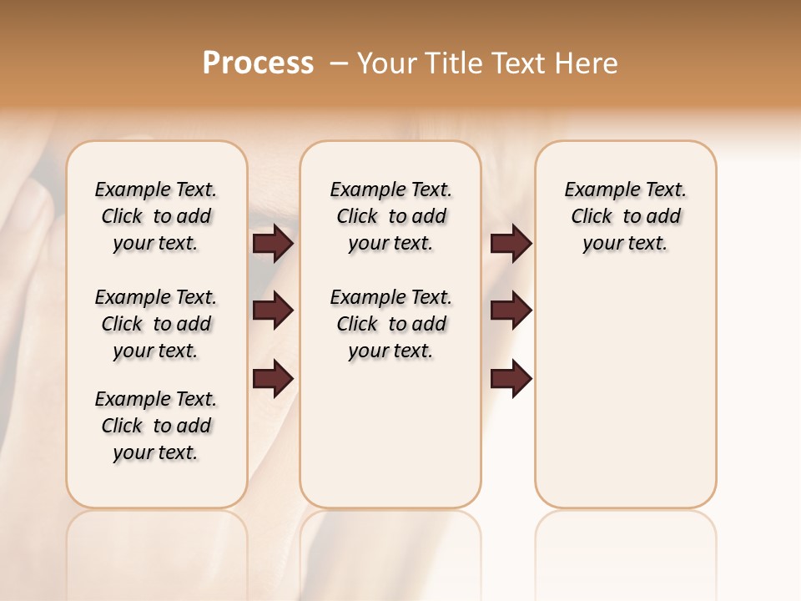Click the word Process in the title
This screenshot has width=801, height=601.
(x=258, y=63)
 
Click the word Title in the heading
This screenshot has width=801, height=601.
(x=451, y=63)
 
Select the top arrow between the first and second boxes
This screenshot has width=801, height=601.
(x=273, y=243)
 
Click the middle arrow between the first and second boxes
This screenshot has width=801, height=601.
(x=273, y=311)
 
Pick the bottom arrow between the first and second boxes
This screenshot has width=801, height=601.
(x=273, y=378)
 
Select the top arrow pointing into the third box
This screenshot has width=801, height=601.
(x=511, y=243)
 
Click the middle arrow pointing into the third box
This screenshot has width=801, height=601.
(x=511, y=311)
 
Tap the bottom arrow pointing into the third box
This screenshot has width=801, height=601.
(x=511, y=378)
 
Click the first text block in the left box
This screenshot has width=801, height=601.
(x=156, y=216)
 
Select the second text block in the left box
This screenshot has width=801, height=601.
(x=156, y=324)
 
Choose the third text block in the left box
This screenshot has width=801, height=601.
(x=156, y=426)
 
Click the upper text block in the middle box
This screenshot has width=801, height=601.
(x=390, y=216)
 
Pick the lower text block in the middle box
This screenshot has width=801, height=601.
(x=390, y=324)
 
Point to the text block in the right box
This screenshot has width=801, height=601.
(x=625, y=216)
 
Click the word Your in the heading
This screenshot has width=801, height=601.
(x=387, y=63)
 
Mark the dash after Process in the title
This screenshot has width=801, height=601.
(x=339, y=63)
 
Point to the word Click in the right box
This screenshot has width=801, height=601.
(x=592, y=217)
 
